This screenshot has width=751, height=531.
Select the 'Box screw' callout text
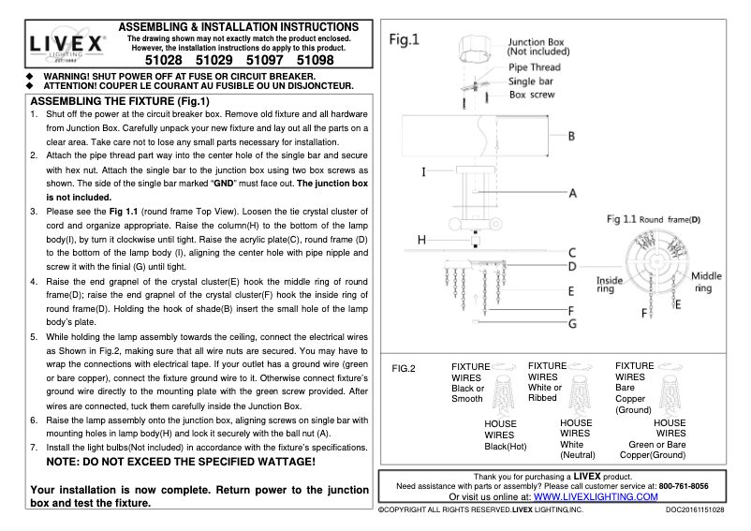532,95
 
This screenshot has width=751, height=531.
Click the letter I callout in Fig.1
424,172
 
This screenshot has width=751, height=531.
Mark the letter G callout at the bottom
570,323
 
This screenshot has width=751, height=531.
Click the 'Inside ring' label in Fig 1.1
610,285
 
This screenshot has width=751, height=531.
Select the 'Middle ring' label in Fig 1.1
706,282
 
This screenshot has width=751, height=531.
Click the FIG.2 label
405,367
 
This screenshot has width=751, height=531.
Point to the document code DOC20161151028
703,510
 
